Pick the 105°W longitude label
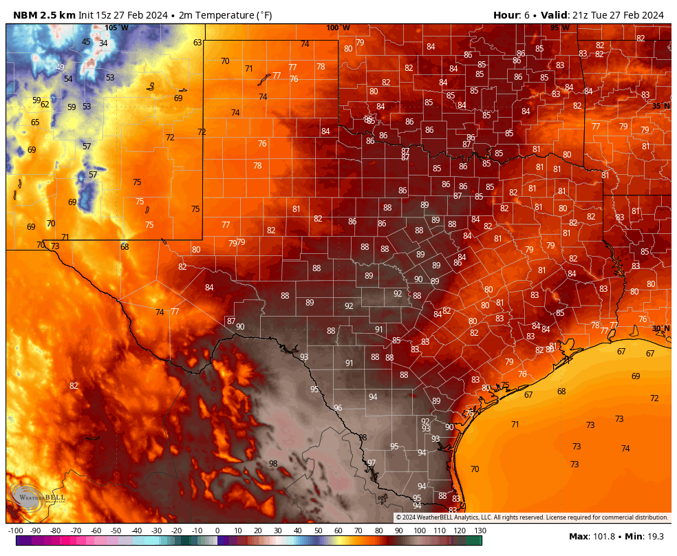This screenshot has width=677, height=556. (116, 28)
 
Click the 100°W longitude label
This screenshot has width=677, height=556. (338, 28)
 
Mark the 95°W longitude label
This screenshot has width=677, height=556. (559, 28)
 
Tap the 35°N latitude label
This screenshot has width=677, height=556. (660, 106)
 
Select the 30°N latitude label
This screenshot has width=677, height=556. (660, 328)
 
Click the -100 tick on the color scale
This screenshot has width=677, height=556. (16, 531)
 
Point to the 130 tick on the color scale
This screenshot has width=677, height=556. (480, 531)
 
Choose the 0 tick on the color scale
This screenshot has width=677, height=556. (217, 531)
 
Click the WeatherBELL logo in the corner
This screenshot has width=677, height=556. (39, 497)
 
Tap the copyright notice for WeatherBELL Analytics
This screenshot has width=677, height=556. (532, 517)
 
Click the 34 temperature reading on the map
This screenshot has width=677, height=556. (103, 43)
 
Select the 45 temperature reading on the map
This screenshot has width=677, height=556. (86, 42)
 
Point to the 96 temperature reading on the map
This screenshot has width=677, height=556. (338, 408)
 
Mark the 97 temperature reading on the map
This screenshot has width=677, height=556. (372, 463)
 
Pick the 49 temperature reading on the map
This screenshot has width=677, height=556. (60, 67)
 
